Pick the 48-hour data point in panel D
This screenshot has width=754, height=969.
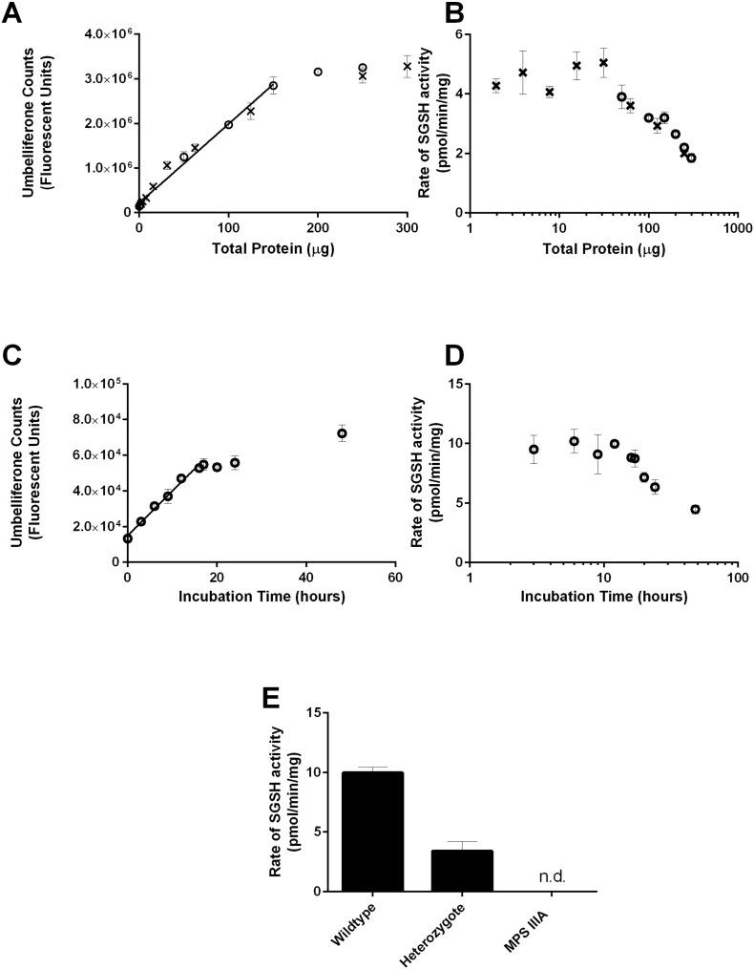pos(695,509)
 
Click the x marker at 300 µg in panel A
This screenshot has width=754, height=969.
pos(408,67)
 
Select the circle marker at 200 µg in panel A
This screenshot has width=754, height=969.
pos(318,72)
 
